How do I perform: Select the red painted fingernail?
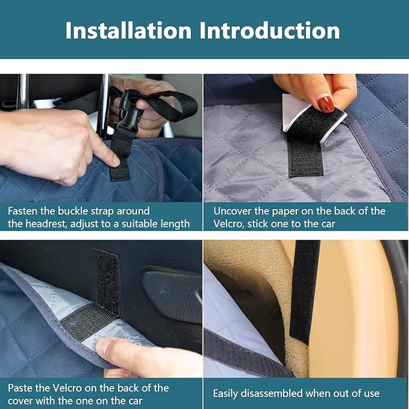(x=326, y=104)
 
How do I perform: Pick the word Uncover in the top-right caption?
(x=234, y=211)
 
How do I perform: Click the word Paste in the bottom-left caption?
(x=21, y=388)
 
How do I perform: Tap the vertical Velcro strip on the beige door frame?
(x=304, y=289)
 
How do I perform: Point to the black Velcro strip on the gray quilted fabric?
(x=306, y=151)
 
